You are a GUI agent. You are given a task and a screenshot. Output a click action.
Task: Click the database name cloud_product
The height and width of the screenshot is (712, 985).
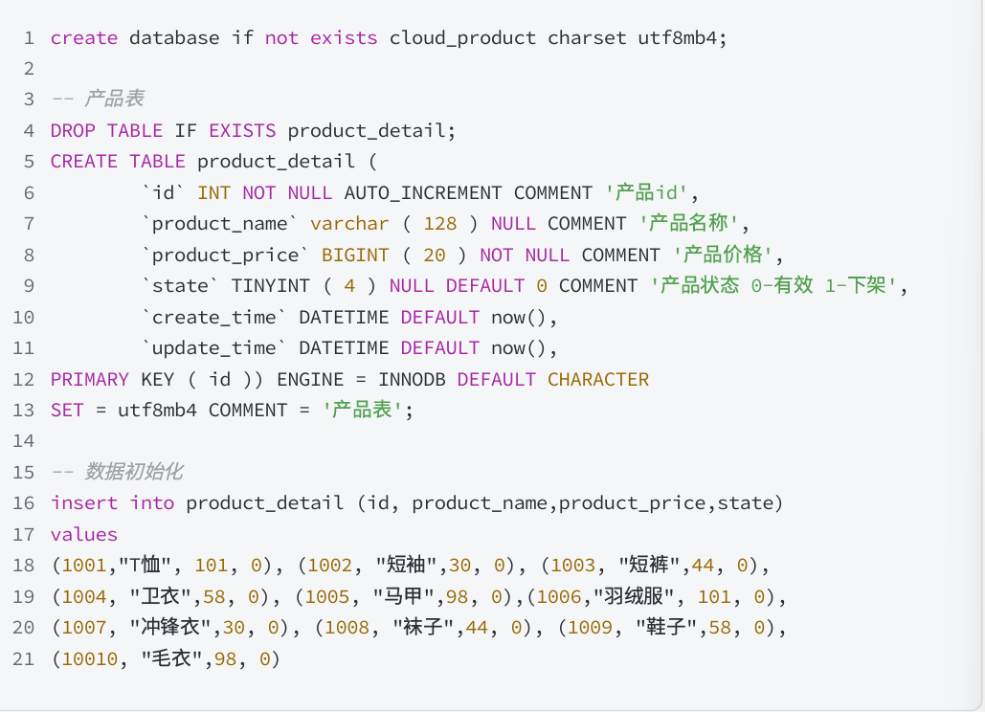point(462,38)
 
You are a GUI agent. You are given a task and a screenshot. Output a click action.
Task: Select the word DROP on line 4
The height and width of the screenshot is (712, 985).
point(73,131)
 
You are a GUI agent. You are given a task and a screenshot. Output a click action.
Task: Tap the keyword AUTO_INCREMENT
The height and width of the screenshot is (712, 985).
point(423,193)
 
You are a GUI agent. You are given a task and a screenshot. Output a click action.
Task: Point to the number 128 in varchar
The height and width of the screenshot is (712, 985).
point(439,224)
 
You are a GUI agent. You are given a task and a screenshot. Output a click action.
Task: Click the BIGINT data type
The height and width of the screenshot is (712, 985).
point(355,256)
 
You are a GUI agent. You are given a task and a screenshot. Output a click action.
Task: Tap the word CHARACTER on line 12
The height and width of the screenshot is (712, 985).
point(598,380)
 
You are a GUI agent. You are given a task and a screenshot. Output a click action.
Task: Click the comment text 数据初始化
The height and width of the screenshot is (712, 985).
point(133,472)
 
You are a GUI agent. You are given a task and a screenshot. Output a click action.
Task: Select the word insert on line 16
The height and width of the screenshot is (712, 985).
point(84,503)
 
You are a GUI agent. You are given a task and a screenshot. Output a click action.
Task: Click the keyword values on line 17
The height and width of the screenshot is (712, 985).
point(84,535)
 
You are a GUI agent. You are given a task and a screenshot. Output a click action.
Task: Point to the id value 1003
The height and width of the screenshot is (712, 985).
point(573,566)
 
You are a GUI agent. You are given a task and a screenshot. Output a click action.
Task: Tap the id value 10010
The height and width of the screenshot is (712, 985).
point(90,659)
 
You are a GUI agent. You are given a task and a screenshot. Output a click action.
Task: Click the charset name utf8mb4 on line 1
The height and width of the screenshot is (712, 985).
point(677,38)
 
